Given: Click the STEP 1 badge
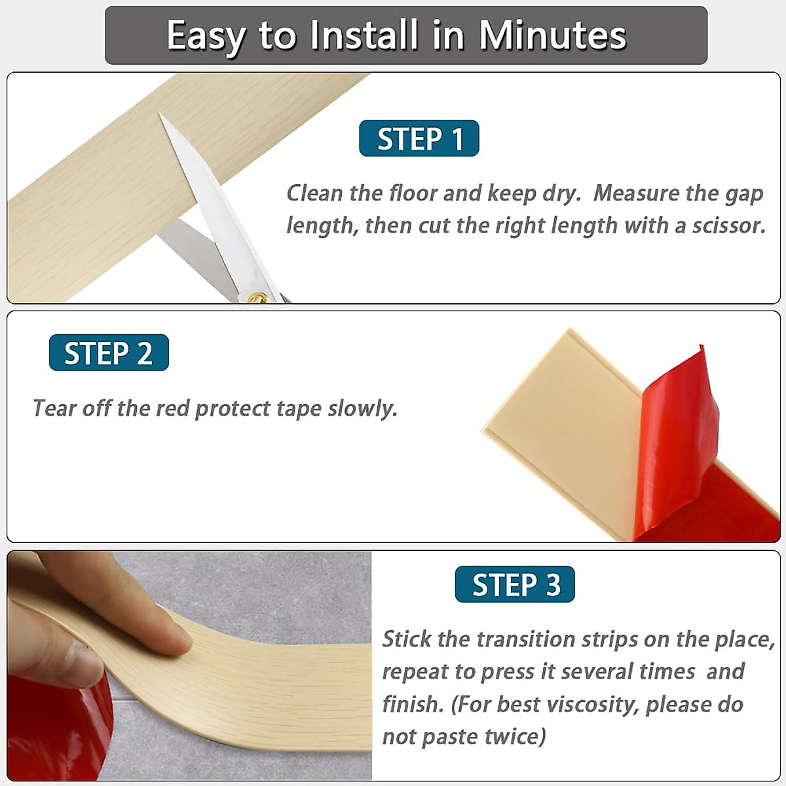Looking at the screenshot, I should (x=419, y=139).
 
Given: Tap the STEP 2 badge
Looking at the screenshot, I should (x=109, y=353).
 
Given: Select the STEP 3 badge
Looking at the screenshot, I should (x=515, y=584).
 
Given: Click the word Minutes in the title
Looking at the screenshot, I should (x=552, y=35).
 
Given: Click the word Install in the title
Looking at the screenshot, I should (x=364, y=35).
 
